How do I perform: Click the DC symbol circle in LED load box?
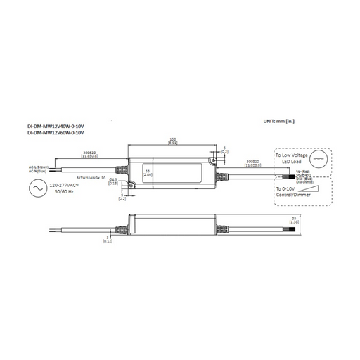pyautogui.click(x=319, y=159)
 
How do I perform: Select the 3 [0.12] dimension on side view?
pyautogui.click(x=108, y=239)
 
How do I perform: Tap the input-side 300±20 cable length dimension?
pyautogui.click(x=90, y=153)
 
